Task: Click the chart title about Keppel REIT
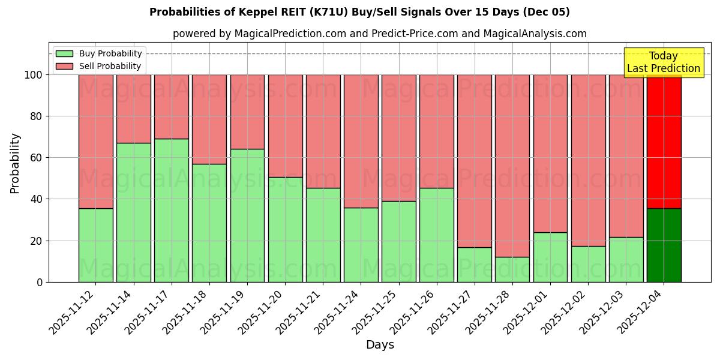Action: (x=359, y=12)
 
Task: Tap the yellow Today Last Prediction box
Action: (x=663, y=62)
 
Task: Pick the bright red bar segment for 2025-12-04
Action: (x=664, y=141)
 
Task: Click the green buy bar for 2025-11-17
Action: (x=172, y=210)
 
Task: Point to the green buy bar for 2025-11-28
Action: (x=512, y=269)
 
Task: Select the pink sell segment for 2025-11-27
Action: (x=474, y=161)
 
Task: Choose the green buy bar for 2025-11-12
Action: (x=96, y=245)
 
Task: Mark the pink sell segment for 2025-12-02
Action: (x=588, y=160)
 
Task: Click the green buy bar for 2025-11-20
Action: (x=285, y=229)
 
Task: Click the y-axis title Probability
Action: (x=15, y=163)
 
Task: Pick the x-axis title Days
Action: (x=380, y=345)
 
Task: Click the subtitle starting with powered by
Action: (x=379, y=34)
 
